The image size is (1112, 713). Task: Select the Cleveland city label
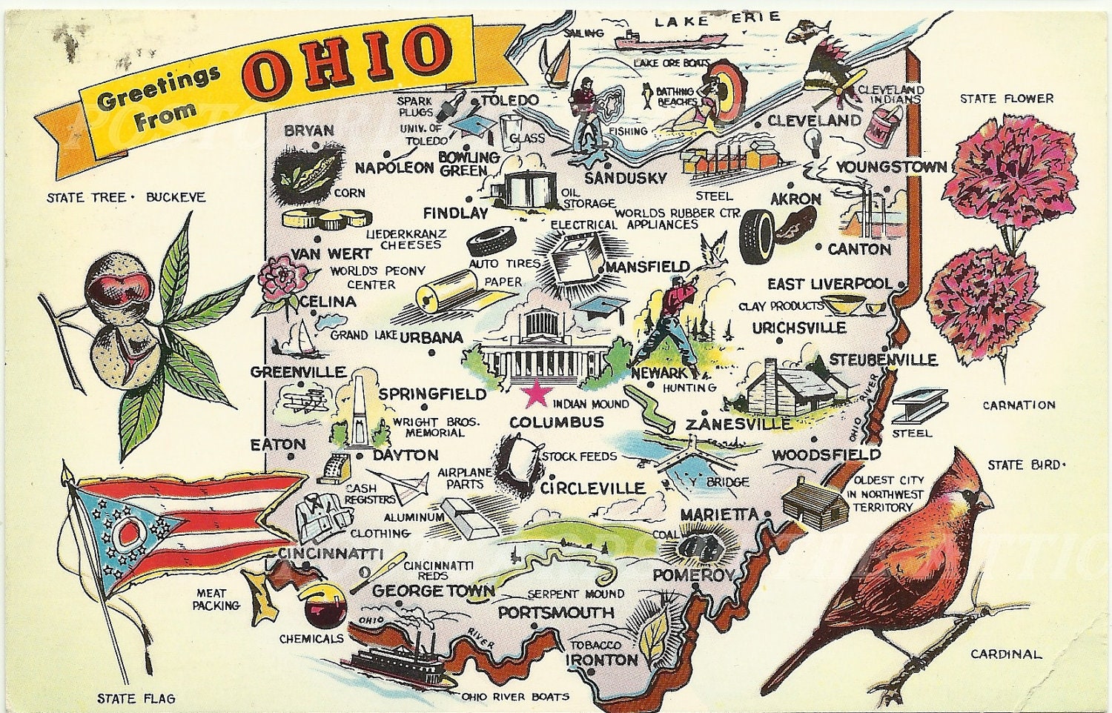[x=813, y=120]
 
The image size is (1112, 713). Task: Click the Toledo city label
[x=509, y=100]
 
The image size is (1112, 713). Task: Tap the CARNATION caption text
[x=1019, y=405]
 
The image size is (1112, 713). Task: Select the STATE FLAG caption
[x=136, y=698]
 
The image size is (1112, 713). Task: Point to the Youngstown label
[x=891, y=167]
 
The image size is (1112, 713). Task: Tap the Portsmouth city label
[x=556, y=613]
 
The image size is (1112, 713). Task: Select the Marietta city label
[x=719, y=514]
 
